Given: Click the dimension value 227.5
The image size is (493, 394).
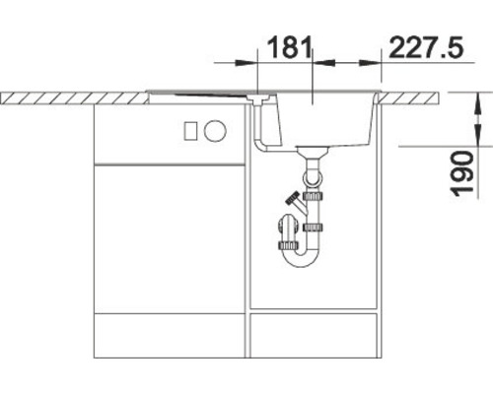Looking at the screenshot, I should [426, 46].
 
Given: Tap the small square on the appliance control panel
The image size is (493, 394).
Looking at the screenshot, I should [217, 130].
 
